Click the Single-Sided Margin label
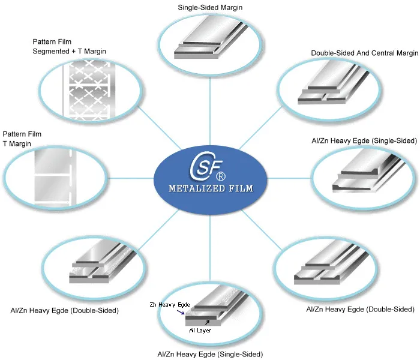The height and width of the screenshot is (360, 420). pyautogui.click(x=210, y=7)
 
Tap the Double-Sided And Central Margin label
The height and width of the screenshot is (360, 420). pyautogui.click(x=364, y=53)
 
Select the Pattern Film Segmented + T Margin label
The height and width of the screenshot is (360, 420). pyautogui.click(x=69, y=47)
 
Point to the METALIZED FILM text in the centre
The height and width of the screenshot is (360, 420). pyautogui.click(x=210, y=188)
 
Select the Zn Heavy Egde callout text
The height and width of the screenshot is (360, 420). pyautogui.click(x=166, y=305)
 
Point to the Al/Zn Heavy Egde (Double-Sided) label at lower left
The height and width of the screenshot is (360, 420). pyautogui.click(x=64, y=310)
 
